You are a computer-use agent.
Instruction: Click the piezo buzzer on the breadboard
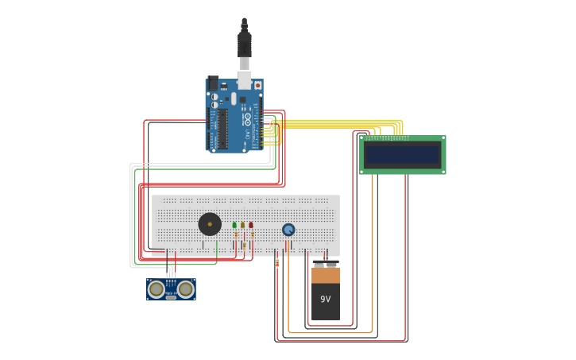[210, 224]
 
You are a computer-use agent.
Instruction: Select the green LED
[234, 225]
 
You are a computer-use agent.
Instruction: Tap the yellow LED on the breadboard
[242, 225]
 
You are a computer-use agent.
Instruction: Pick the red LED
[251, 225]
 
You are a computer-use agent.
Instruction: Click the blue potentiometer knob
[288, 230]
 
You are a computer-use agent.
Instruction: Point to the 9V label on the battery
[325, 299]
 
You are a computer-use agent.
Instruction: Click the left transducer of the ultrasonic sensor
[157, 289]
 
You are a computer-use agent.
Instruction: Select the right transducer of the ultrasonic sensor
[186, 289]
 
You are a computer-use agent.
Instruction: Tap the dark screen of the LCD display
[402, 154]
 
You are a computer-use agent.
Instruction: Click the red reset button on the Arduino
[257, 85]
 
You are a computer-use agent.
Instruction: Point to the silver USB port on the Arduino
[245, 79]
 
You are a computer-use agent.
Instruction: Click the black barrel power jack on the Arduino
[212, 83]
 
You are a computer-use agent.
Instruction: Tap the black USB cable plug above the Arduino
[244, 43]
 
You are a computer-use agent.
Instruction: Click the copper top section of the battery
[325, 276]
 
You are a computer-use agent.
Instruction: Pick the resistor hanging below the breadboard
[276, 261]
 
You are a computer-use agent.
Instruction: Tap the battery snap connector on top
[325, 264]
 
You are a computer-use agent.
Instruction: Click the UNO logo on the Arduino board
[247, 119]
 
